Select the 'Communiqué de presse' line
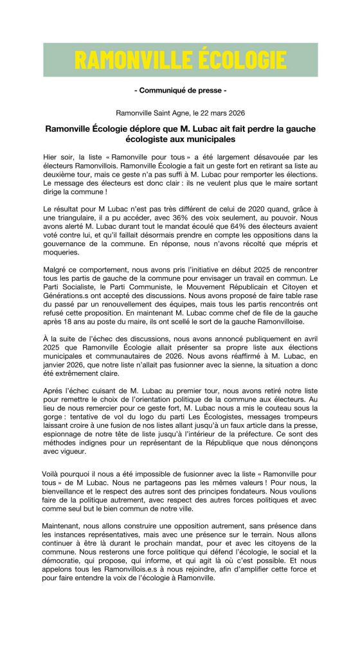[x=180, y=91]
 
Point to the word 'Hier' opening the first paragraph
[x=51, y=157]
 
